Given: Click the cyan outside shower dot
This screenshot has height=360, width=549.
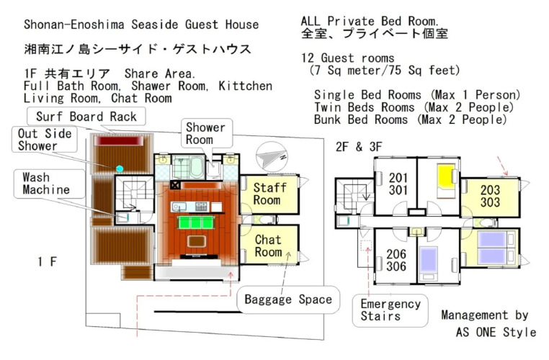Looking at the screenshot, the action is [120, 168].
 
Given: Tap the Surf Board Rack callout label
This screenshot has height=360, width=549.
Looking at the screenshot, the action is [86, 117].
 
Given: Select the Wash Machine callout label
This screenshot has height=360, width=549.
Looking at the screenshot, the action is [50, 184].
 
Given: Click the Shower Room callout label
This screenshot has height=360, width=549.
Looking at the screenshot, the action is [207, 133].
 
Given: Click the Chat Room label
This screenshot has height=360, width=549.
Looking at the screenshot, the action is [268, 246].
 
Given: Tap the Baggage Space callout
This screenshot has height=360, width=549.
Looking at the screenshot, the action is [288, 300].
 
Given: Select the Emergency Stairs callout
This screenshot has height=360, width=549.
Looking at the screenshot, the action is [390, 310].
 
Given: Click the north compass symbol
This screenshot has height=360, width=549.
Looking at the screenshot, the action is [272, 157].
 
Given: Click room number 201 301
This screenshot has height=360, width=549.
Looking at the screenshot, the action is [398, 184].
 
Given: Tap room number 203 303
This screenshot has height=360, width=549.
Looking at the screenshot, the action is [490, 196].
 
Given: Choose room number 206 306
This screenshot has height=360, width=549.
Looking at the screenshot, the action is [396, 260].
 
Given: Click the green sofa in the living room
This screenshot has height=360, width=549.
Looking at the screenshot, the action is [196, 222].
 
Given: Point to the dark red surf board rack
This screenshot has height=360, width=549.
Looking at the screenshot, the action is [118, 141].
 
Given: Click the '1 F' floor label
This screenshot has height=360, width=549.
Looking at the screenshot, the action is [47, 261].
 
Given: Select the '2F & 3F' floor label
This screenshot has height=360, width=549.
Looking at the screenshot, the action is [359, 147].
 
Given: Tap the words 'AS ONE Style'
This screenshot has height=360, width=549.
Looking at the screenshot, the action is [496, 332].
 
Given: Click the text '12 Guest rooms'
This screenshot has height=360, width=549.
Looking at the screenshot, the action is [348, 58].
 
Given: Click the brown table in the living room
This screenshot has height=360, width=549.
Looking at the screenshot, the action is [197, 241].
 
